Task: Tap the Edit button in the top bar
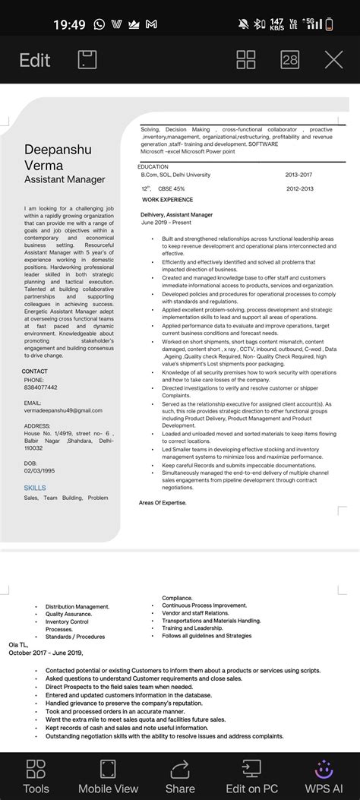click(x=35, y=60)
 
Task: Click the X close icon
click(x=333, y=60)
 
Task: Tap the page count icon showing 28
click(x=290, y=60)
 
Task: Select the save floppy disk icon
click(x=87, y=60)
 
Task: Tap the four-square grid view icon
click(x=246, y=60)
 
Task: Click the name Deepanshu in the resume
click(x=58, y=150)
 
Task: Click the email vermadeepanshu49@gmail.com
click(x=63, y=410)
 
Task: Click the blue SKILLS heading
click(x=35, y=488)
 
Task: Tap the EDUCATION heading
click(x=153, y=166)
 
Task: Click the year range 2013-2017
click(x=298, y=175)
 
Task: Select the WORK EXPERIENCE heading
click(x=167, y=200)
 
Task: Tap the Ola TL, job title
click(x=17, y=643)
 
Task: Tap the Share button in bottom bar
click(x=180, y=775)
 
